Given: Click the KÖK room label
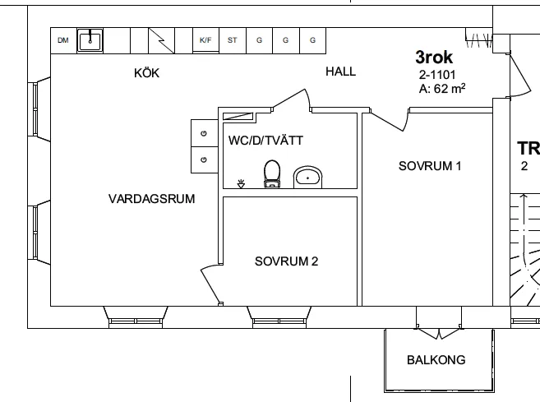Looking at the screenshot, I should pyautogui.click(x=146, y=73).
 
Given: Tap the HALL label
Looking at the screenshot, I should pyautogui.click(x=340, y=72).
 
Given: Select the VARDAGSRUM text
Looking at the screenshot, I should pyautogui.click(x=150, y=198).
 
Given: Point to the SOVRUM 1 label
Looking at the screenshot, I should pyautogui.click(x=430, y=166).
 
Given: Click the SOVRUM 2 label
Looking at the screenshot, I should pyautogui.click(x=286, y=262).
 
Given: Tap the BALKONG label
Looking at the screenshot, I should pyautogui.click(x=436, y=360).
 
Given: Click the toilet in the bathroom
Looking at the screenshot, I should pyautogui.click(x=272, y=173).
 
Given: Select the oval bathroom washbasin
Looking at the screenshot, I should pyautogui.click(x=308, y=176).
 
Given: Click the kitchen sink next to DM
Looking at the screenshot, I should pyautogui.click(x=90, y=39).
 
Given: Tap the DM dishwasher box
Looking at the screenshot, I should pyautogui.click(x=63, y=39).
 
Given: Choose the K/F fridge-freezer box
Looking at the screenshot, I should pyautogui.click(x=205, y=39).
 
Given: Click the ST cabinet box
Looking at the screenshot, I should pyautogui.click(x=233, y=39).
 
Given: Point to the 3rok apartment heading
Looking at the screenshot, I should pyautogui.click(x=435, y=58).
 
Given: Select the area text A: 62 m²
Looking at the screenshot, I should pyautogui.click(x=437, y=87).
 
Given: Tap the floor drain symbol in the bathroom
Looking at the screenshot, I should pyautogui.click(x=241, y=184).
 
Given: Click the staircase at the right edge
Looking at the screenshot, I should pyautogui.click(x=524, y=247).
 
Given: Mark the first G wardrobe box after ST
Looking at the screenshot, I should pyautogui.click(x=259, y=39).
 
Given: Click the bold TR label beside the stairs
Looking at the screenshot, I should pyautogui.click(x=527, y=149).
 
